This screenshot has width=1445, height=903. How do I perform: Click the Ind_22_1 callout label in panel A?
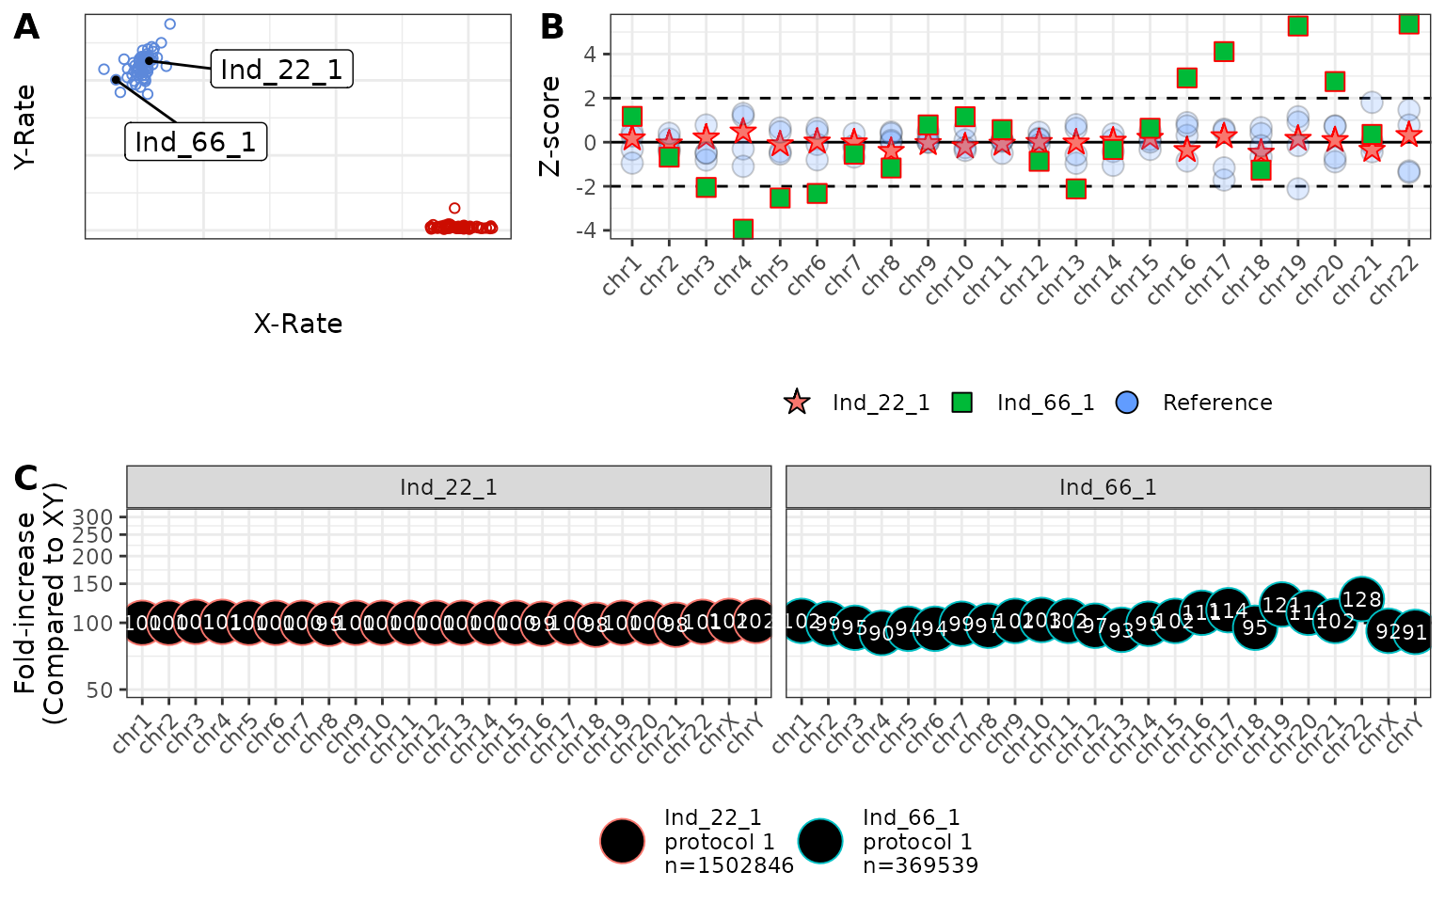[281, 70]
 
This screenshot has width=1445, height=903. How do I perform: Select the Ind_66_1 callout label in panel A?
[196, 142]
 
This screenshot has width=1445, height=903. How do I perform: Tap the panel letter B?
[552, 27]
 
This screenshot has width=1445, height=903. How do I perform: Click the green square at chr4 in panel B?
[743, 230]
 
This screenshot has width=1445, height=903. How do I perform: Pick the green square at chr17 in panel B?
[1223, 52]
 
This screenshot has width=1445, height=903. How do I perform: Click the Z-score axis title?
[549, 127]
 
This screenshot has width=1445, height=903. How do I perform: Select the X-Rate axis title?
[298, 325]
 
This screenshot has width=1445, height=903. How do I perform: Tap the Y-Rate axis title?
[25, 127]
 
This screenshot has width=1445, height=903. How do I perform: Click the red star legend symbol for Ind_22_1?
[797, 403]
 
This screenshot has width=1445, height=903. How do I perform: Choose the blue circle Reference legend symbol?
[1126, 403]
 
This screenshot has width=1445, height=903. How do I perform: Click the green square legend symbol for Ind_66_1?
[961, 403]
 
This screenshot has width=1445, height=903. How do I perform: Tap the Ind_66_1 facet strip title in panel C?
[1107, 487]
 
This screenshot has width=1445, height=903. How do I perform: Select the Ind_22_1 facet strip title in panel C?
[448, 487]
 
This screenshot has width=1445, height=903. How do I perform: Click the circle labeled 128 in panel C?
[1361, 599]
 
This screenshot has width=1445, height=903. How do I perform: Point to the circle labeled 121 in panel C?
[1280, 605]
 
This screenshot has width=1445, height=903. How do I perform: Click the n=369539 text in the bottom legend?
[920, 865]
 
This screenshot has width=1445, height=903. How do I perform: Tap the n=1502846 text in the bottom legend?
[729, 865]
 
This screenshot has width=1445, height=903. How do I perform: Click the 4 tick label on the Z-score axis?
[590, 54]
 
